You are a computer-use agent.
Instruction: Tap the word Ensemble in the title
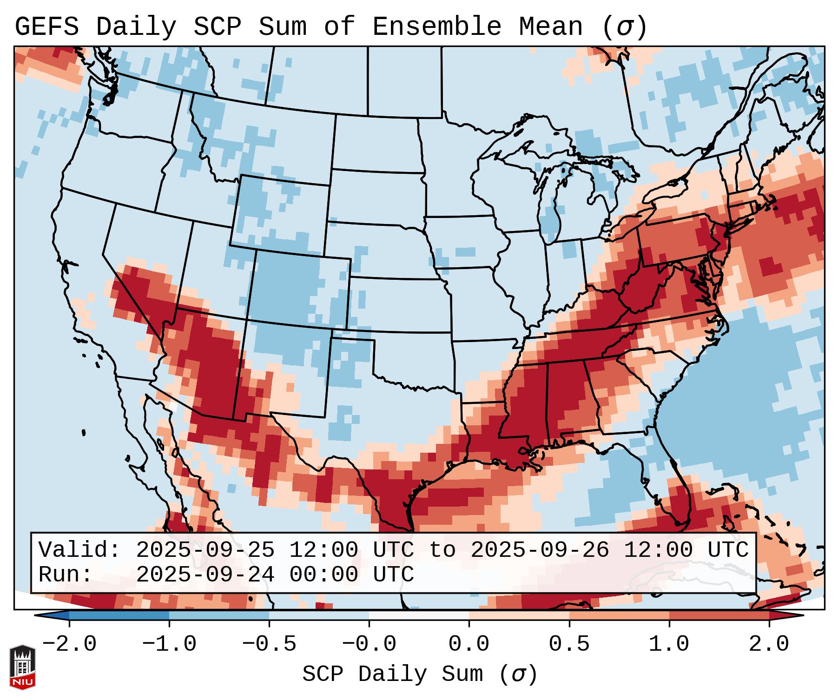pyautogui.click(x=436, y=26)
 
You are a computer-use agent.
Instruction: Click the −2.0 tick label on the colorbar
pyautogui.click(x=69, y=644)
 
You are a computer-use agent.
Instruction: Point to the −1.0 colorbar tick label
pyautogui.click(x=169, y=644)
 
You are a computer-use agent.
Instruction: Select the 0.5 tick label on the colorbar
pyautogui.click(x=569, y=644)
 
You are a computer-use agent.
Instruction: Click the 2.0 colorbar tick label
pyautogui.click(x=769, y=644)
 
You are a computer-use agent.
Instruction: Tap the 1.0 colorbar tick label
pyautogui.click(x=669, y=644)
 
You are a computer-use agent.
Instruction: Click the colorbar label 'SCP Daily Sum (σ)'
pyautogui.click(x=420, y=674)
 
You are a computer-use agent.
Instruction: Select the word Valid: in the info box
pyautogui.click(x=79, y=550)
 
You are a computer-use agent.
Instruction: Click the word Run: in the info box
pyautogui.click(x=66, y=575)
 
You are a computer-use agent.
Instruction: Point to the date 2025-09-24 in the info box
pyautogui.click(x=205, y=575)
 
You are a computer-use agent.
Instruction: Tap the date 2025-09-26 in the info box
pyautogui.click(x=540, y=550)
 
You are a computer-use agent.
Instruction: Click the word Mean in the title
pyautogui.click(x=550, y=26)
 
